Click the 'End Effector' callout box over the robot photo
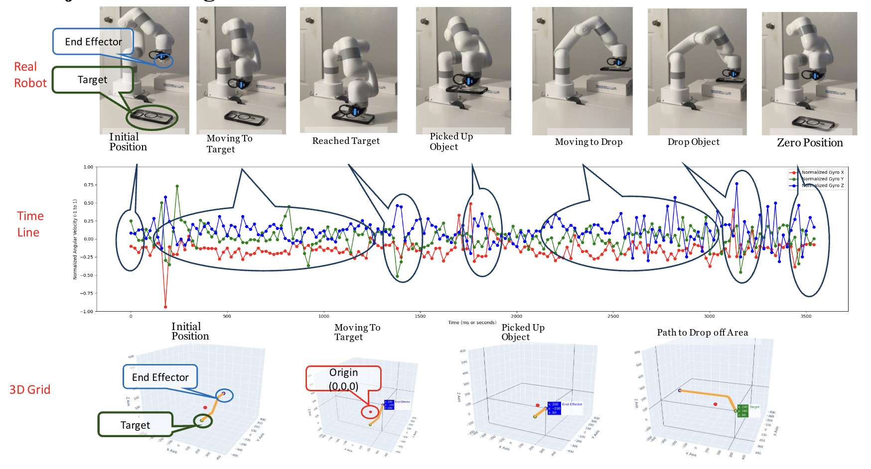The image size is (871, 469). (x=93, y=42)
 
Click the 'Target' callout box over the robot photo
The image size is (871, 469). (x=93, y=80)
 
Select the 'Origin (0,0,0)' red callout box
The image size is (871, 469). (x=343, y=379)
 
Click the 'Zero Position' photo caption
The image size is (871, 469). (x=810, y=143)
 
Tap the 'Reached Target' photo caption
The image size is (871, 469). (x=346, y=141)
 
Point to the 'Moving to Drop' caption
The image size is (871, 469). (x=588, y=142)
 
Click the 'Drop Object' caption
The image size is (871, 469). (x=693, y=142)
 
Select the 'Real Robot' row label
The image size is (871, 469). (x=30, y=75)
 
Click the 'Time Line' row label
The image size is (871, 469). (x=30, y=224)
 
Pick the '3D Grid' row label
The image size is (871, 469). (x=30, y=390)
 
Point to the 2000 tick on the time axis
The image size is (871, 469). (x=517, y=316)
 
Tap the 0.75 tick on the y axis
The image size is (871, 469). (x=88, y=185)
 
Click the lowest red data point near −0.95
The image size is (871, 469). (x=165, y=307)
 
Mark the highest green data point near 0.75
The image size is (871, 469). (x=177, y=186)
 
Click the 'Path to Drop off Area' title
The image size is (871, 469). (x=702, y=333)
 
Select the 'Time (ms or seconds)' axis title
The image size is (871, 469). (x=472, y=323)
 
